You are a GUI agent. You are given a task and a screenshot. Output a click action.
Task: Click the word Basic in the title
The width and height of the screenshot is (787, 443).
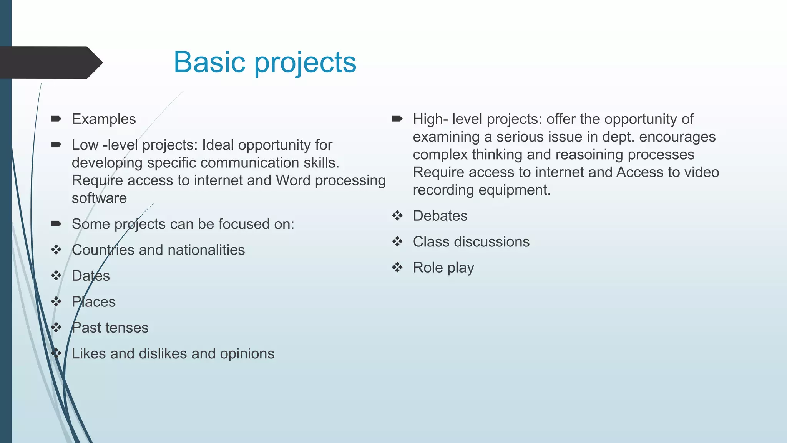[209, 62]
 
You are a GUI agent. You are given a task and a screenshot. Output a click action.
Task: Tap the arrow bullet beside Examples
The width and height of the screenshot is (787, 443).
[56, 119]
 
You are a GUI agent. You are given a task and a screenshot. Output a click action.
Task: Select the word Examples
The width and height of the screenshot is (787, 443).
[104, 119]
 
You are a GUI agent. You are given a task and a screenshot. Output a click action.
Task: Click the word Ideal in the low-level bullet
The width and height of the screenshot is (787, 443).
[218, 145]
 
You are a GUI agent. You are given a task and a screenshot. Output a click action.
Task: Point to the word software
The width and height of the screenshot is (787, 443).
[99, 198]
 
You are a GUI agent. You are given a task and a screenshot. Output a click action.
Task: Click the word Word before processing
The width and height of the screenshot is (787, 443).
[293, 180]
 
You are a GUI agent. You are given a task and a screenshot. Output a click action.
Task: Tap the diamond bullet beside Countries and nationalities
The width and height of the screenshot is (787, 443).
[56, 250]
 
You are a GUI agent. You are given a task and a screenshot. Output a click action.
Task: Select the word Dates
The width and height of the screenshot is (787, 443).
[91, 276]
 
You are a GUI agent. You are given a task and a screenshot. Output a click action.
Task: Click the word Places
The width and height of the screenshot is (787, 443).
[93, 302]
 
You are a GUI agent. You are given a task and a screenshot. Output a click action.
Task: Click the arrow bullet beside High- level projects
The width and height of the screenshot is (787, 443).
[397, 119]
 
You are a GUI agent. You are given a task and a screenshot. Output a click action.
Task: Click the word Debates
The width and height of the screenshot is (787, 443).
[440, 216]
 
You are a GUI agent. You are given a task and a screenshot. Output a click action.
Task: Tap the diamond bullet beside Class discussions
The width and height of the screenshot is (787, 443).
[397, 242]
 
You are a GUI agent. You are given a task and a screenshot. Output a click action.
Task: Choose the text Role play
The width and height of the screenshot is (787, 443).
[443, 268]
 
